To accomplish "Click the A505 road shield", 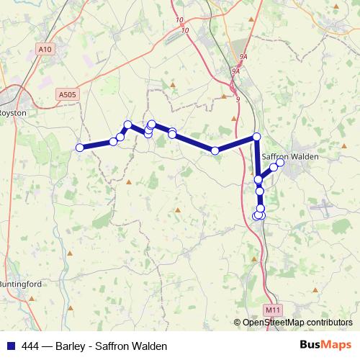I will coord(67,94).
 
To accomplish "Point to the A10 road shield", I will coord(45,50).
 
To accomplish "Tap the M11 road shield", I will coord(271,310).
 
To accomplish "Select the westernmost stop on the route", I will coord(80,148).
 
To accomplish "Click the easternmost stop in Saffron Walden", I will coord(280,162).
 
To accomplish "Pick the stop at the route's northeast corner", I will coord(256,137).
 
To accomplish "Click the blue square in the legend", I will coord(9,346).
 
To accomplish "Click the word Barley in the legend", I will coord(78,346).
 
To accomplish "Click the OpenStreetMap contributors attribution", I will coord(297,323).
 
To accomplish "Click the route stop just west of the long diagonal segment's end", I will coord(215,150).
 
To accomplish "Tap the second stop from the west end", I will coord(113,142).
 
